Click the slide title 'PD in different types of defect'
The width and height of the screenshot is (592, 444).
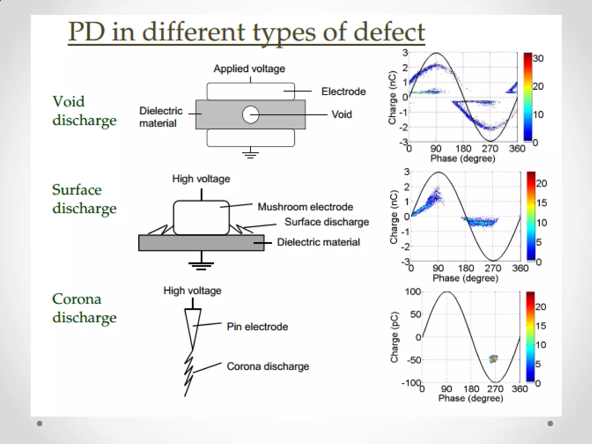coord(246,32)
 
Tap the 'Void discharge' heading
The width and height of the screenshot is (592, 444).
coord(84,111)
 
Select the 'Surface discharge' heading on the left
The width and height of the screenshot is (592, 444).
coord(84,199)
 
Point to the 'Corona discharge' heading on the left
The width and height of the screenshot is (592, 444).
coord(84,308)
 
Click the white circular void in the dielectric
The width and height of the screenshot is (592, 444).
coord(250,115)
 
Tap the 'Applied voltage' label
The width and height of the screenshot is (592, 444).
coord(249,69)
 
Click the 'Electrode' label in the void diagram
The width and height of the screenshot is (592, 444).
coord(343,92)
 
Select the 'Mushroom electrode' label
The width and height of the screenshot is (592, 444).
coord(305,207)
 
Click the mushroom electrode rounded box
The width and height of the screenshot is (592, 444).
coord(201,217)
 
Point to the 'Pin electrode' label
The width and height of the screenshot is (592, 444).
coord(257,327)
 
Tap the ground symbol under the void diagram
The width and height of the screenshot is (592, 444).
coord(250,154)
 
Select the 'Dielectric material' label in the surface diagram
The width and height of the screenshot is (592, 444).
coord(318,242)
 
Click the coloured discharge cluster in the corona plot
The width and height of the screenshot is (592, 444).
coord(493,359)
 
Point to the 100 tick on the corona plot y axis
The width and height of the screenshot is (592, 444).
coord(413,292)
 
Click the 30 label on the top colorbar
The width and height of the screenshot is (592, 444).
coord(538,59)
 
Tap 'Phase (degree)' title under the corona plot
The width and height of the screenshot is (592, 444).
coord(471,398)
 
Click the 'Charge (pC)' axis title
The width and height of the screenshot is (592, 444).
coord(394,337)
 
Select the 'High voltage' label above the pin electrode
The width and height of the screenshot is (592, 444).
coord(192,291)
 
